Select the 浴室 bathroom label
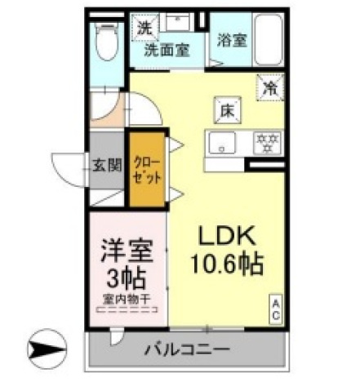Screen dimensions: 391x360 tap(233, 39)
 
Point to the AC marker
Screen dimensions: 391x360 tap(276, 309)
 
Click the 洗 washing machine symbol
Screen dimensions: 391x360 tap(144, 27)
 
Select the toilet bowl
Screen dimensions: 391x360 tap(105, 45)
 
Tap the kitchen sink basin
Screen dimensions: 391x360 tap(220, 143)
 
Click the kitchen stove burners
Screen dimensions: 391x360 tap(264, 143)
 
